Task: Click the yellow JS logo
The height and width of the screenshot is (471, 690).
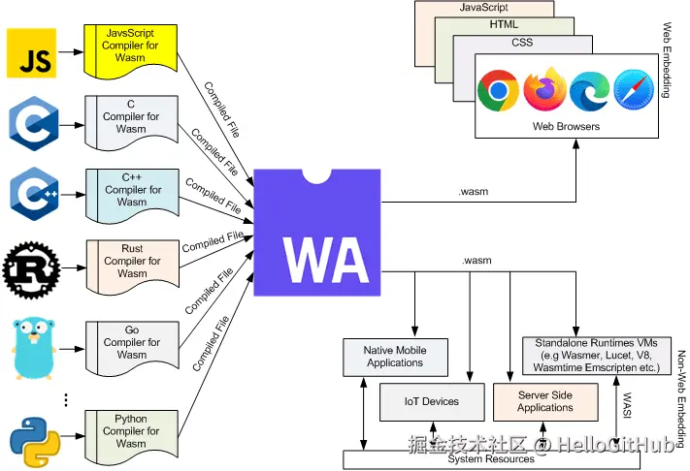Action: (31, 52)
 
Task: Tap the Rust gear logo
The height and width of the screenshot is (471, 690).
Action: (31, 269)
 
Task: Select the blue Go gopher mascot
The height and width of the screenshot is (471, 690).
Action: (34, 349)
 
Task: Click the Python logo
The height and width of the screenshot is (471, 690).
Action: (35, 442)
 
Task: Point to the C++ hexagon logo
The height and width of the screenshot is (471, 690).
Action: (34, 194)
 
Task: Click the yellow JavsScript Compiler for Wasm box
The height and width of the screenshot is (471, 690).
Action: (131, 51)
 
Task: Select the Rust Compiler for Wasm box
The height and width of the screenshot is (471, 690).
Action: (132, 267)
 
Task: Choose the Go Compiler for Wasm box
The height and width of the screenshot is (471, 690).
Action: (132, 348)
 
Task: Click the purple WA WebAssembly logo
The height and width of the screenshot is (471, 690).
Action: (317, 233)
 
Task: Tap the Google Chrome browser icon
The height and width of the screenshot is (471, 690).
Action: (498, 90)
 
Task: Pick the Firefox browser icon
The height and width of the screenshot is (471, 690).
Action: (544, 89)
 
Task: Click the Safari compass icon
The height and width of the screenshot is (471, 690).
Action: (634, 89)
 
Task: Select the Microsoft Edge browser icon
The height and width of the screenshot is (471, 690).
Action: (589, 91)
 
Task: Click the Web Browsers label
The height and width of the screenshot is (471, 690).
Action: (566, 127)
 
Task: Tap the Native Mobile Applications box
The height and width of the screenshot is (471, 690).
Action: (395, 358)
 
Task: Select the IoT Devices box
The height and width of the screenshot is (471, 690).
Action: (432, 402)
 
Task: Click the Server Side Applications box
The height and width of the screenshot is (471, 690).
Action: (545, 402)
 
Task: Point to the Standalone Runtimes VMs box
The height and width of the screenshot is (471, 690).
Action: (597, 356)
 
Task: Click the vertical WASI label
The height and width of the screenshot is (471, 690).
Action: (627, 405)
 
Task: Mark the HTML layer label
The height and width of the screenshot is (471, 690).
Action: (504, 24)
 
